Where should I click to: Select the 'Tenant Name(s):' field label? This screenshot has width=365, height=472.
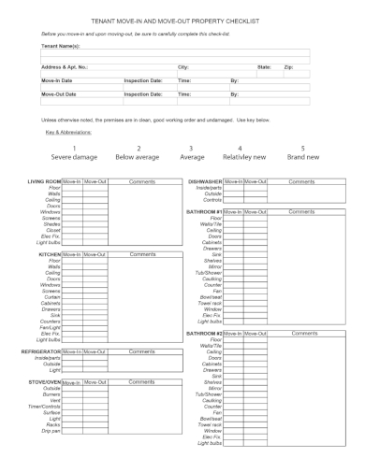pos(61,45)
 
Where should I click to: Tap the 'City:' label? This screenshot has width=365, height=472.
pos(183,67)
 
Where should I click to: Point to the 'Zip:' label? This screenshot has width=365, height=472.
pos(288,67)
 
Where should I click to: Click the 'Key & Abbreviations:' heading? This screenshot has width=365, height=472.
pos(73,132)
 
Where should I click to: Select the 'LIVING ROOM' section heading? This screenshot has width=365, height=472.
pos(44,180)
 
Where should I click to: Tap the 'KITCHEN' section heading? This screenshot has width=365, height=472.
pos(49,253)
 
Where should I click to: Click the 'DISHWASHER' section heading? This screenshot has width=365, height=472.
pos(204,180)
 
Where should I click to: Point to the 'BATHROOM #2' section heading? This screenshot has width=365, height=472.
pos(204,333)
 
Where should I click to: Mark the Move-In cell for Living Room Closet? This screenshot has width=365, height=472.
pos(73,229)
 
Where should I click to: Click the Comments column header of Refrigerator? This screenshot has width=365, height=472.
pos(142,350)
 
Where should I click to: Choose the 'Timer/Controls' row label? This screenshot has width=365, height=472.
pos(45,405)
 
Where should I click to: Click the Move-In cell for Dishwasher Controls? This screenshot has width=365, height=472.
pos(233,199)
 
